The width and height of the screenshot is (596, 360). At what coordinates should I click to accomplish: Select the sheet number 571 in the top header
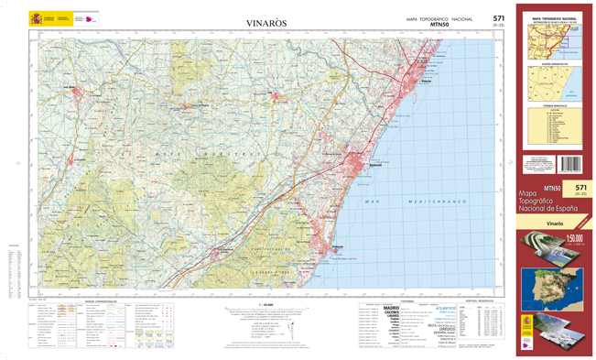[498, 17]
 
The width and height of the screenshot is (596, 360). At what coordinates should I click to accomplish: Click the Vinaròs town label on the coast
[425, 82]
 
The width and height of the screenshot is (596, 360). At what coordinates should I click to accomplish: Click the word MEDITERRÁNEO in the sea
[431, 202]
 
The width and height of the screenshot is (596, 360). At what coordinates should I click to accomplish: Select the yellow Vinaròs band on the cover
[555, 223]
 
